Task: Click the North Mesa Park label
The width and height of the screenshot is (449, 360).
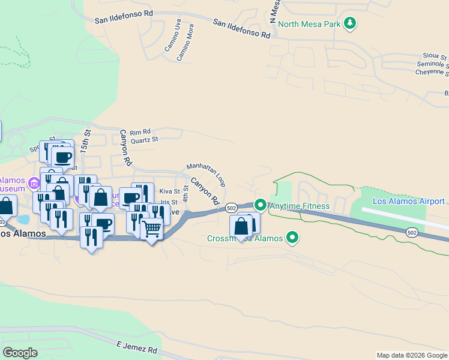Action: point(309,24)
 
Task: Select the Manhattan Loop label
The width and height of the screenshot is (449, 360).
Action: point(205,174)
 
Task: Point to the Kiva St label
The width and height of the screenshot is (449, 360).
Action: point(169,191)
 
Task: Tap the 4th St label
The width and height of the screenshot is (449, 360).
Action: point(185,194)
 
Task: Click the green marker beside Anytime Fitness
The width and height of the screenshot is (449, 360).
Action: point(260,205)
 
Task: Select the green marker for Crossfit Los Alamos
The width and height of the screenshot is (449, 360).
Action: point(293,238)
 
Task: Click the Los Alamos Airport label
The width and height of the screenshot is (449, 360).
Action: point(408,201)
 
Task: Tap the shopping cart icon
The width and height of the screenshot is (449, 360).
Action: point(151,228)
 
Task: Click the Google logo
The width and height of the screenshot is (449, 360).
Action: point(20,352)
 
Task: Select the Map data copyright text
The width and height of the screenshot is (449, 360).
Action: point(412,355)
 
